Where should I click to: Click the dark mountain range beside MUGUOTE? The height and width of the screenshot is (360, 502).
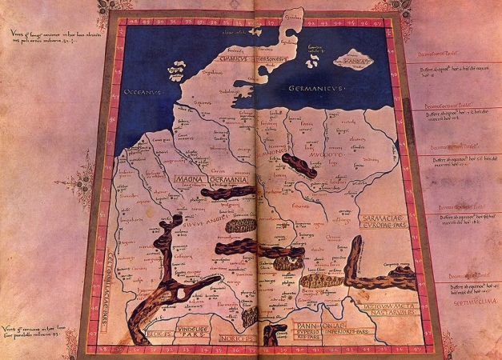click(299, 166)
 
